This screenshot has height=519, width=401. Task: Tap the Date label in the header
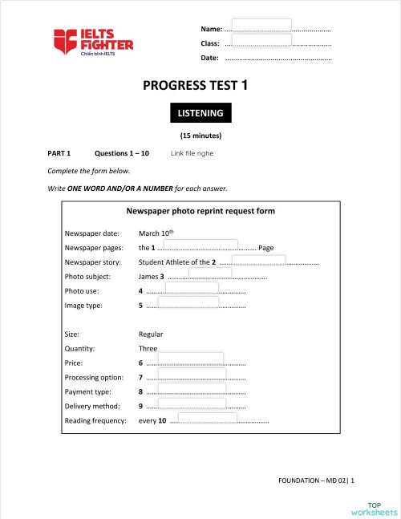coord(209,58)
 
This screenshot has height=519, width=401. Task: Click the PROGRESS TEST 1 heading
coord(200,85)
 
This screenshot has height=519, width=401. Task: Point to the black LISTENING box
coord(200,113)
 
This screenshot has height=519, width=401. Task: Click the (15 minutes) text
coord(200,136)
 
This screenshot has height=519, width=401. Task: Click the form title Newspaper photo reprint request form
coord(200,212)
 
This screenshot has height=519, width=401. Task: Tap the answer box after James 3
coord(210,274)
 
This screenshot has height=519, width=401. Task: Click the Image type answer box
coord(188,302)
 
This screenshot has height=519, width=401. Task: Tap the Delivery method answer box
coord(192,403)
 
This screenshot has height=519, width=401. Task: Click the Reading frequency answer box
coord(209,417)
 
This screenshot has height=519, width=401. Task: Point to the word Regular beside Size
coord(151,335)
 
